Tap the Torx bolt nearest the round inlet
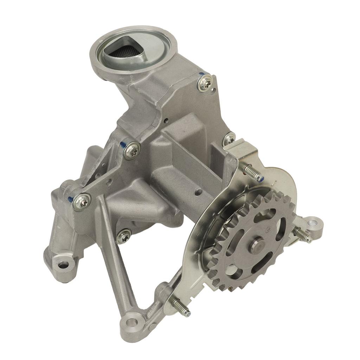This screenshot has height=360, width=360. (205, 83)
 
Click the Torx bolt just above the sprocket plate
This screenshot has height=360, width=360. (229, 140)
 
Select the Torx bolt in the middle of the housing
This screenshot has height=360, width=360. (132, 150)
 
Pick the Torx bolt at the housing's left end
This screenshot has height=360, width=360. (82, 201)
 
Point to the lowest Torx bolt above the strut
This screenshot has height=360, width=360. (124, 236)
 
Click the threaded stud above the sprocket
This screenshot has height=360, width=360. (252, 173)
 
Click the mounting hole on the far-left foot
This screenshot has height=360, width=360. (63, 264)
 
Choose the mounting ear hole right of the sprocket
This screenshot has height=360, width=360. (312, 223)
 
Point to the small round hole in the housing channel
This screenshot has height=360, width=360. (198, 192)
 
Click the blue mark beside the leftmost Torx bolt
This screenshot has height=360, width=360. (71, 199)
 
